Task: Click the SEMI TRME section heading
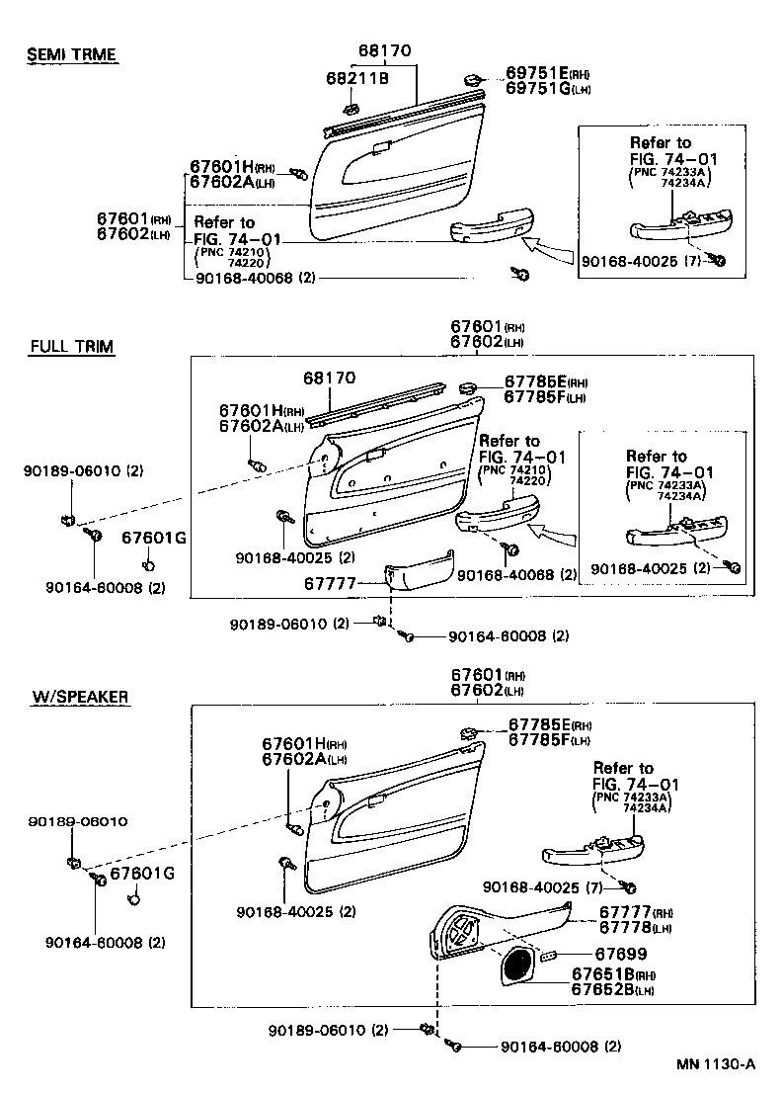point(71,54)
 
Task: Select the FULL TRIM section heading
point(71,346)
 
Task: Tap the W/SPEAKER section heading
point(80,697)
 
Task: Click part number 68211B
point(357,77)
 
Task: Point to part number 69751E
point(534,73)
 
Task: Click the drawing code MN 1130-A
point(716,1064)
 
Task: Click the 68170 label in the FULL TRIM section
point(330,378)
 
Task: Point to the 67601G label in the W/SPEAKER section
point(141,874)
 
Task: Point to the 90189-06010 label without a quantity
point(77,821)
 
